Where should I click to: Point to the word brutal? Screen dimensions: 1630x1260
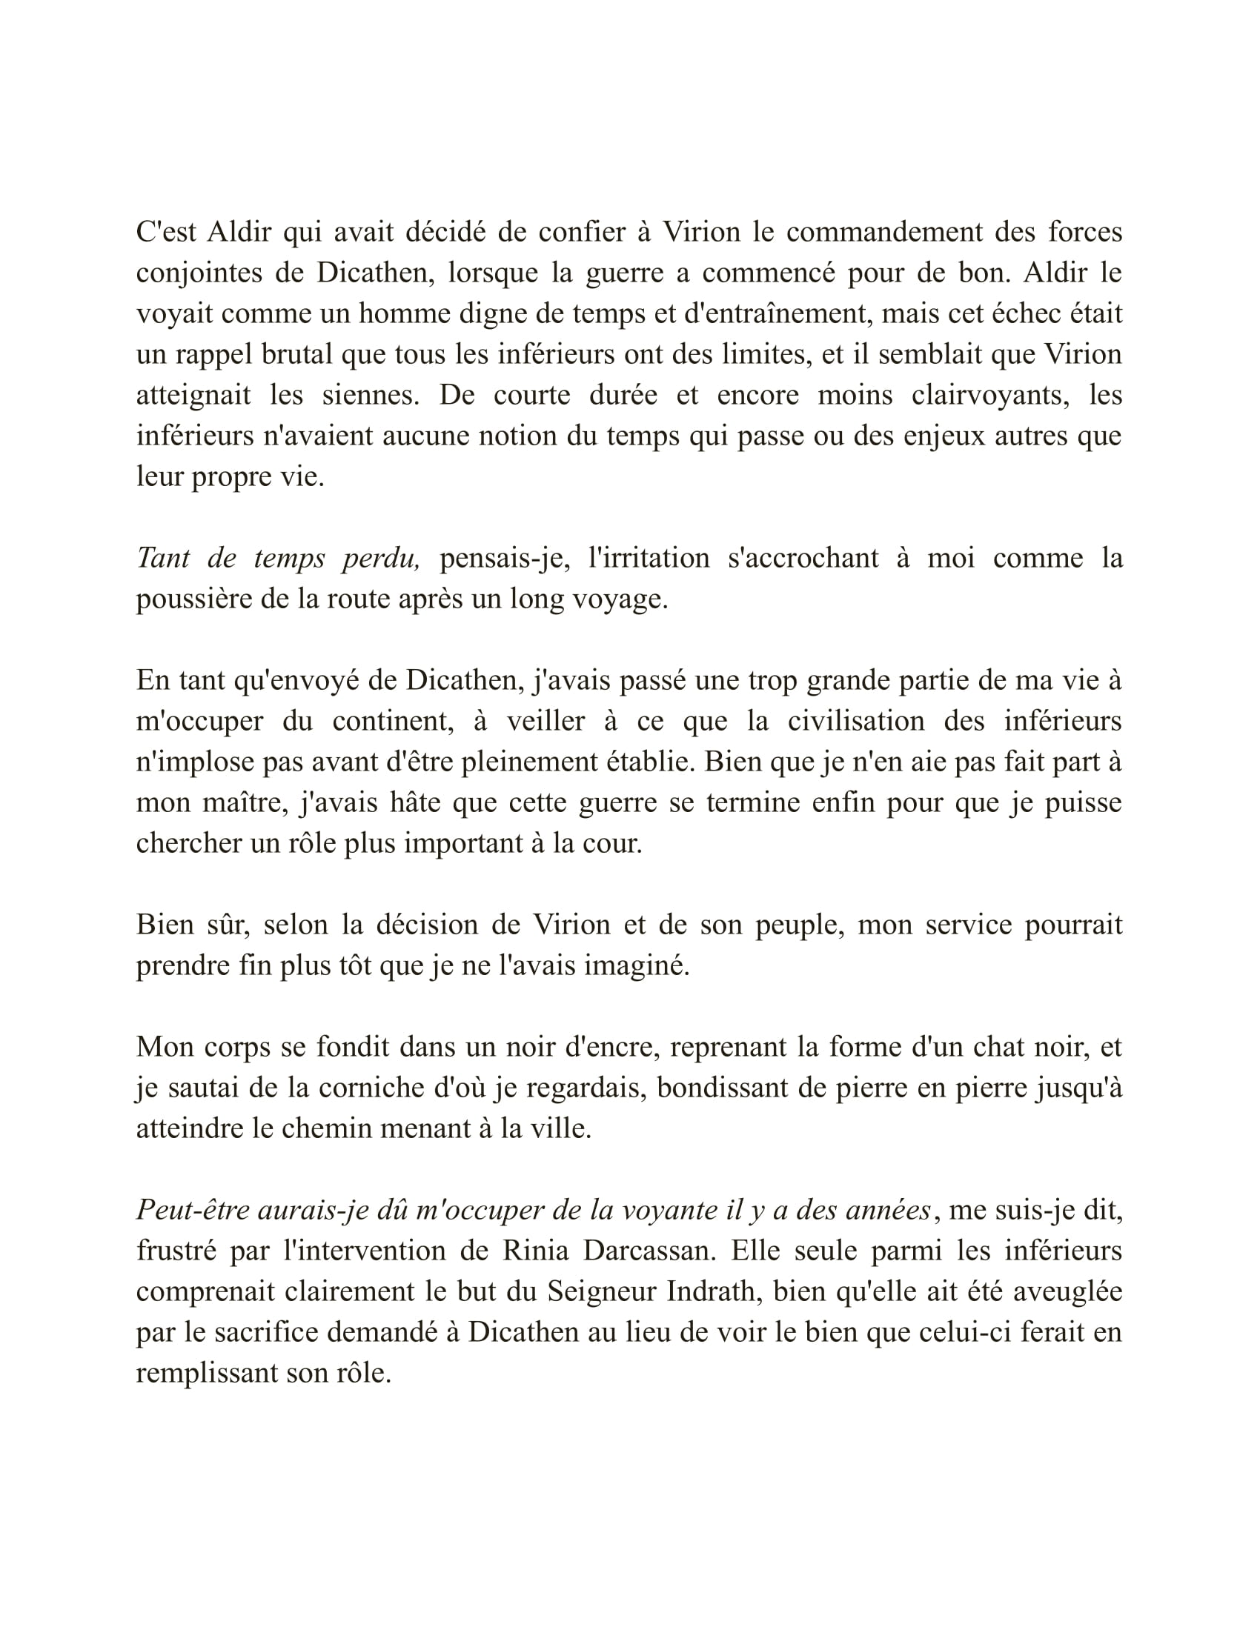pyautogui.click(x=296, y=354)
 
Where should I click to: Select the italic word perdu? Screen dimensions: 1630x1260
pyautogui.click(x=382, y=558)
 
